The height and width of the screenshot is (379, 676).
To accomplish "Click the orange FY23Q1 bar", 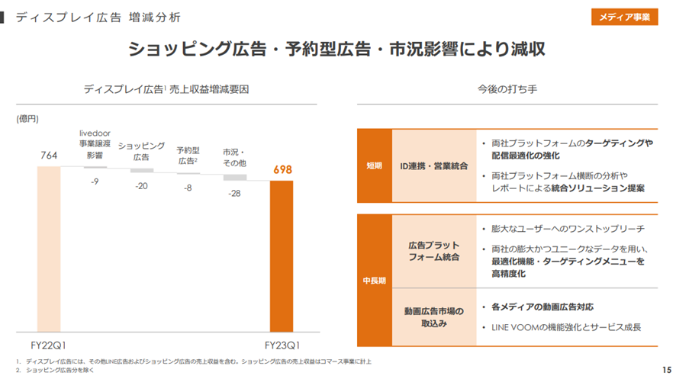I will [282, 256].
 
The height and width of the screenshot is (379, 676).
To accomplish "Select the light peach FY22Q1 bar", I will [48, 249].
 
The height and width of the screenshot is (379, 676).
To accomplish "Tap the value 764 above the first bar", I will [48, 156].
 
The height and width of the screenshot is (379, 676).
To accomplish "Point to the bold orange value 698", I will [282, 169].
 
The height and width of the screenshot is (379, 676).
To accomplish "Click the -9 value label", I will [95, 181].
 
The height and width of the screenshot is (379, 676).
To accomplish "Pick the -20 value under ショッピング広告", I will [141, 186].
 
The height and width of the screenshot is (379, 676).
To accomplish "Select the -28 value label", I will [234, 194].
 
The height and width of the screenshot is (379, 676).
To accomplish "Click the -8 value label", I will [188, 188].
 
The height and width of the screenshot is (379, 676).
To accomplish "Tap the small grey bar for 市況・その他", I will [234, 178].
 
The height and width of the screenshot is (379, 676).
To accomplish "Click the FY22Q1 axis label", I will [48, 343].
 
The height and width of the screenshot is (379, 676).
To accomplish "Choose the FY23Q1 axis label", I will [282, 343].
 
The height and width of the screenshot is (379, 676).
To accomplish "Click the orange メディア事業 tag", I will [624, 17].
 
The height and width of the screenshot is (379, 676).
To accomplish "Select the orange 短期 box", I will [374, 165].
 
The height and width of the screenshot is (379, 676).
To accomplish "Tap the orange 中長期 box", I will [374, 281].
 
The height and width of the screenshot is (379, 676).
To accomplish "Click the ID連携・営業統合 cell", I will [433, 165].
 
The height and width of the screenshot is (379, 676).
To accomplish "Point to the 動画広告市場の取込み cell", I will [433, 316].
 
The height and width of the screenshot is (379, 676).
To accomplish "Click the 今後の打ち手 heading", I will [507, 89].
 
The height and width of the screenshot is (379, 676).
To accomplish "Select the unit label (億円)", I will [27, 119].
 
